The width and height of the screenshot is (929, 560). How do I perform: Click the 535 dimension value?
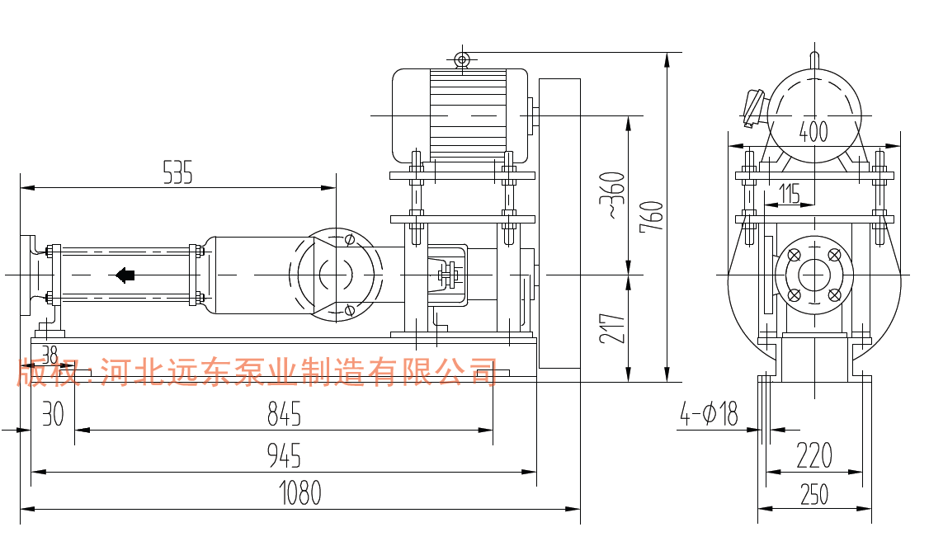(x=177, y=173)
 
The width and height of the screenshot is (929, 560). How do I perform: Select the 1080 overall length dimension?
(x=299, y=493)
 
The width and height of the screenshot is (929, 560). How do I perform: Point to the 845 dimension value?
(x=285, y=414)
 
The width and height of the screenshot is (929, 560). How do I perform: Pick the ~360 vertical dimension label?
(x=611, y=195)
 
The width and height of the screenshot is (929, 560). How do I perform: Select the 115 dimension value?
(x=790, y=195)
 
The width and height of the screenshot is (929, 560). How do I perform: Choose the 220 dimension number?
(x=814, y=455)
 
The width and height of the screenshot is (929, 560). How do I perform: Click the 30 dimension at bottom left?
(x=53, y=414)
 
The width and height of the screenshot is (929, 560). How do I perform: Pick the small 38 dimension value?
(x=50, y=355)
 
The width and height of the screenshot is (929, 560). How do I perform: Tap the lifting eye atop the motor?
(x=462, y=59)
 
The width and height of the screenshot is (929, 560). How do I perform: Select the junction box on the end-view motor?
(x=753, y=107)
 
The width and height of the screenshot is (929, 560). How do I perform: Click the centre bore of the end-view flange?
(x=814, y=275)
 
